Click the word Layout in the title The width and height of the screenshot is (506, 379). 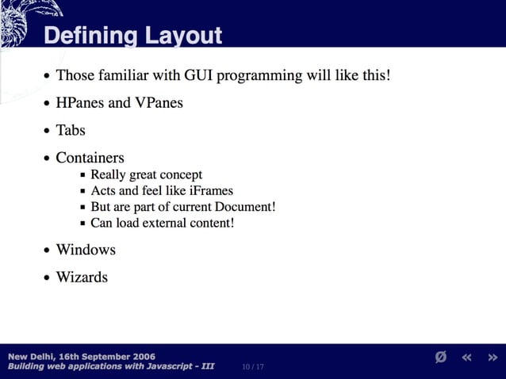183,36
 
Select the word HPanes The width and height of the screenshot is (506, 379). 81,103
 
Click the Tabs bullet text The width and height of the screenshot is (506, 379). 71,130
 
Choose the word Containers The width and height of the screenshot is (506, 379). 90,158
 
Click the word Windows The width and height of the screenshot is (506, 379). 86,250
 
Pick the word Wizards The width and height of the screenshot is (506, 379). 82,278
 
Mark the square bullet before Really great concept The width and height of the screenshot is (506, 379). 83,175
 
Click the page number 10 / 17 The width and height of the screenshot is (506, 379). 253,366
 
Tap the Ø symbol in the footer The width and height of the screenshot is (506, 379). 441,358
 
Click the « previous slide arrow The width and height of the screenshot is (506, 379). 467,358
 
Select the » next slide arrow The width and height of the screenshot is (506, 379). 493,358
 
